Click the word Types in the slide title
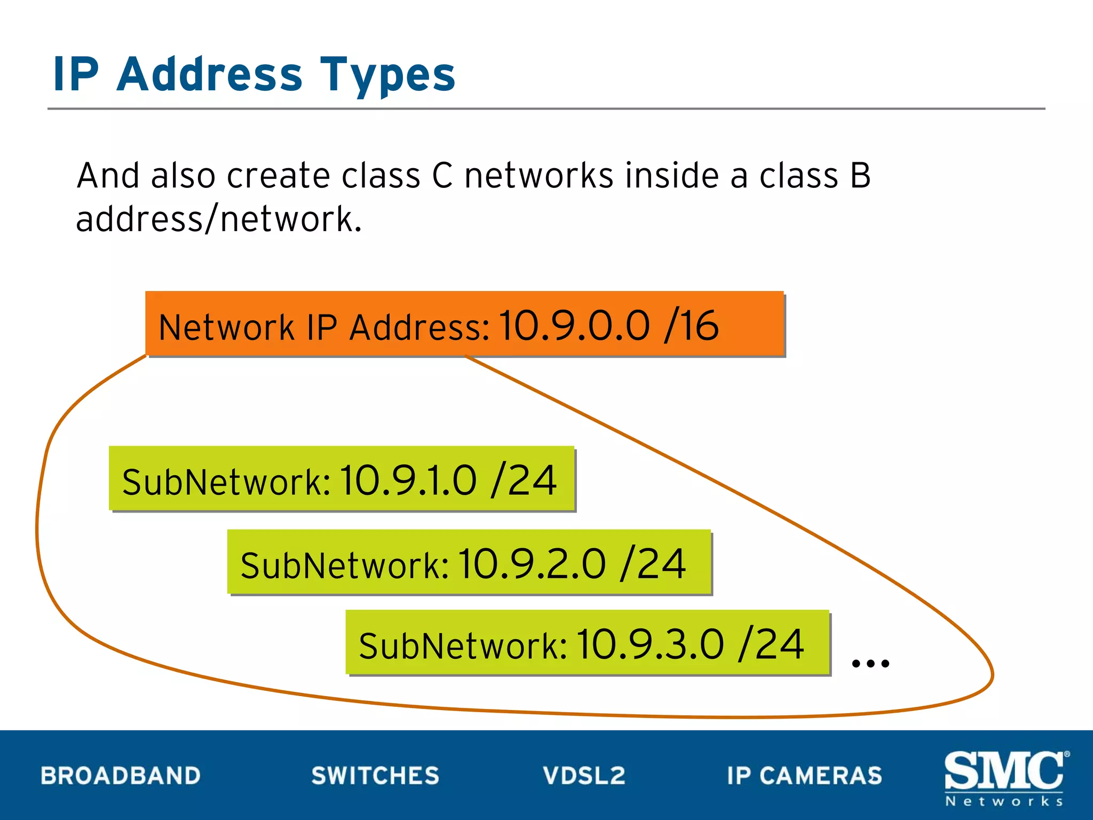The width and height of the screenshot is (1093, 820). tap(387, 75)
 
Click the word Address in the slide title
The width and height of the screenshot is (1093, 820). tap(209, 75)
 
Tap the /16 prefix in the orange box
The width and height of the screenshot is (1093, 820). tap(692, 326)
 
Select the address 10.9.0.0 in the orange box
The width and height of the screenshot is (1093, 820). tap(575, 326)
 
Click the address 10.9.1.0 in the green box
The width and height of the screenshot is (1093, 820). tap(408, 480)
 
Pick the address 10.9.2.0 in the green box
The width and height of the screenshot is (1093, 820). tap(532, 564)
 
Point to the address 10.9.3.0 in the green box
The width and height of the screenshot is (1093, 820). tap(651, 645)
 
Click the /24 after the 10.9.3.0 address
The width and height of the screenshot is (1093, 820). tap(771, 645)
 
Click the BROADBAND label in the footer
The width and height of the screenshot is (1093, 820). tap(121, 776)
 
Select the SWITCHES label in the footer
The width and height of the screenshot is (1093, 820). tap(375, 776)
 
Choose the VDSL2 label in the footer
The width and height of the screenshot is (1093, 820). tap(584, 776)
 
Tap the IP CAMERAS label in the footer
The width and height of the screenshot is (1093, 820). tap(804, 776)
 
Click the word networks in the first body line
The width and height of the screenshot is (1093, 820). tap(538, 176)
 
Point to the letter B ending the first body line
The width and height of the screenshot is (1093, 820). tap(860, 176)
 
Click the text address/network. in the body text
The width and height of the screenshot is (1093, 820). tap(219, 219)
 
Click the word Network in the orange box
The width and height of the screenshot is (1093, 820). tap(226, 327)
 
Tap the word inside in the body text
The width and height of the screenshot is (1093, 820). tap(672, 176)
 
